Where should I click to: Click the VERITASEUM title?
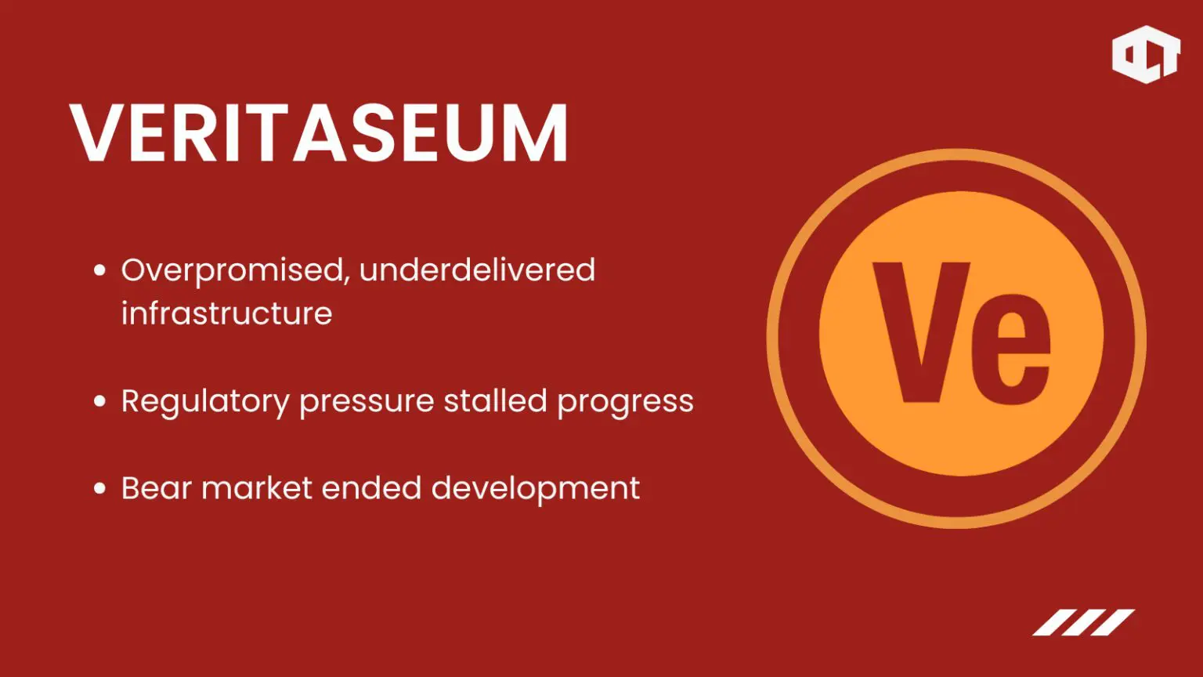coord(319,132)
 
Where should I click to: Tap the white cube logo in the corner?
coord(1146,54)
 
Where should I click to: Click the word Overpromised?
coord(232,270)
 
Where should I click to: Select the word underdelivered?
coord(477,270)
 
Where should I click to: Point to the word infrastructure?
coord(226,313)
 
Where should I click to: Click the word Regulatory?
coord(205,402)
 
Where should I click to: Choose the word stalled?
coord(495,400)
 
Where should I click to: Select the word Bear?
coord(157,488)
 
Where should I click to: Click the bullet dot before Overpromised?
coord(99,270)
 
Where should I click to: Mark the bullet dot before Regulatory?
coord(99,401)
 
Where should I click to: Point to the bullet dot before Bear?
coord(99,488)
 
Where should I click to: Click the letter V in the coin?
coord(921,332)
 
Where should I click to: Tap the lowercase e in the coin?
coord(1012,349)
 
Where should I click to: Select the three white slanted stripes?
coord(1084,622)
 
